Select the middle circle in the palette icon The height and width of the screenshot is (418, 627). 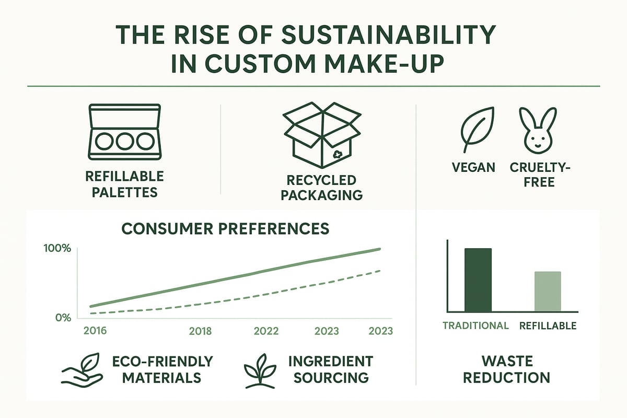click(x=124, y=142)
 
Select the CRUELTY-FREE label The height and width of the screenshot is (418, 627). click(x=533, y=175)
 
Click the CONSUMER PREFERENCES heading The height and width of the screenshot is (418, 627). click(x=225, y=228)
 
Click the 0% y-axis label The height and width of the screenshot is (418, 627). click(x=62, y=317)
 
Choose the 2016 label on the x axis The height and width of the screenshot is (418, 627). click(x=95, y=331)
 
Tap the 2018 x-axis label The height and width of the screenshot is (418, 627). click(x=200, y=331)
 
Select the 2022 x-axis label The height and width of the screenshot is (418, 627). click(x=266, y=331)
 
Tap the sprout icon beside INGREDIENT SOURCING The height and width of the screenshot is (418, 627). click(x=260, y=370)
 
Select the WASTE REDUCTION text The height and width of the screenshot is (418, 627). click(x=506, y=369)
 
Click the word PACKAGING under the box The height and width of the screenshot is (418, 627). click(x=322, y=195)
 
